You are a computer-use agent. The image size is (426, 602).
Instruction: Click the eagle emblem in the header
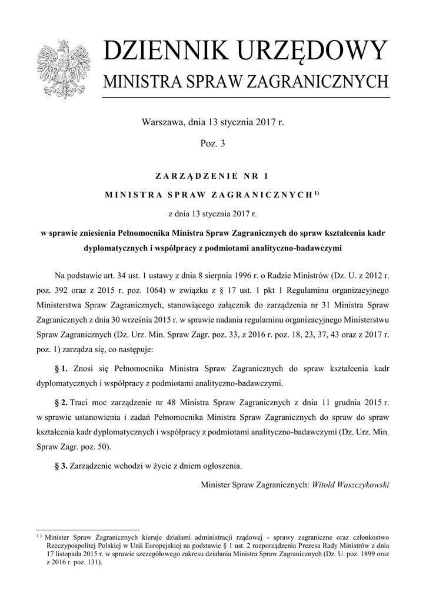[61, 68]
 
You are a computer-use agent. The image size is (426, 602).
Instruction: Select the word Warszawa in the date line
[162, 123]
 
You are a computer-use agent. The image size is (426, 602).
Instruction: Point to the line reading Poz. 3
[212, 142]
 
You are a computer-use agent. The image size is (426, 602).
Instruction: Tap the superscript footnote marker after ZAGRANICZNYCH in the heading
[316, 192]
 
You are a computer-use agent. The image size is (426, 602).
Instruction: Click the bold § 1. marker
[61, 369]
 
